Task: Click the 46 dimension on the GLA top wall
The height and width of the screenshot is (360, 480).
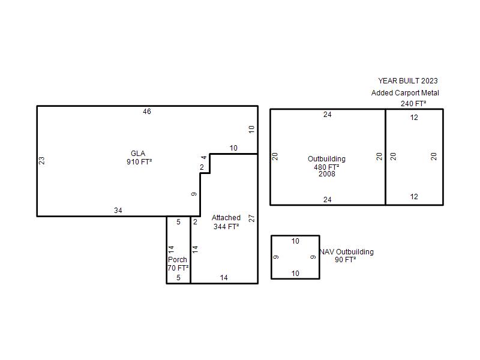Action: [147, 112]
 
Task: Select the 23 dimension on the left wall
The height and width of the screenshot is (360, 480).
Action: [41, 160]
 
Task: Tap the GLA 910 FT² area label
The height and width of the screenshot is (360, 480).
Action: [139, 158]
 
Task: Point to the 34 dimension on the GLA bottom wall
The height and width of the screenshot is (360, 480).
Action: [118, 211]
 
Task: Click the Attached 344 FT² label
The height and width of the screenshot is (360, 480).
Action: [226, 222]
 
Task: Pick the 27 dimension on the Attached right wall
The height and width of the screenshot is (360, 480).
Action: [251, 218]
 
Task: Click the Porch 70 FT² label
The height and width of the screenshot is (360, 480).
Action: [178, 263]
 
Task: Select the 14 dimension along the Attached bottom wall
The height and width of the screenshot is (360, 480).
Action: [224, 278]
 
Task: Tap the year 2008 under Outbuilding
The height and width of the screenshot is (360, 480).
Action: [327, 174]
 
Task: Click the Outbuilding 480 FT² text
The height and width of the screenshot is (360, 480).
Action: [326, 163]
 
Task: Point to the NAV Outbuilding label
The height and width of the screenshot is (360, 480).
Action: [347, 251]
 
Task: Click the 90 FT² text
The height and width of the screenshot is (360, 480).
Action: [346, 260]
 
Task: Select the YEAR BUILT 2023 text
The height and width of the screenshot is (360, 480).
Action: [408, 81]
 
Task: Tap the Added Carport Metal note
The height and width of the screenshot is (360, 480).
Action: [406, 93]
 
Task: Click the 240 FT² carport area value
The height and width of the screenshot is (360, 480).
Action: [413, 104]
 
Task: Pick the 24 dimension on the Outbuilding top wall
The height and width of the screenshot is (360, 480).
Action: [328, 115]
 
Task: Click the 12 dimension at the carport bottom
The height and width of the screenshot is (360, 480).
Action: [414, 197]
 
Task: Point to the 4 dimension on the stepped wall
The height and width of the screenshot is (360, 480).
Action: [204, 158]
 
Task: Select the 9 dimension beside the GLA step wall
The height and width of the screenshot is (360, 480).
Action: [194, 194]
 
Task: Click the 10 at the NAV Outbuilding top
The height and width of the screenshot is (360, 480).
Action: [295, 241]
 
